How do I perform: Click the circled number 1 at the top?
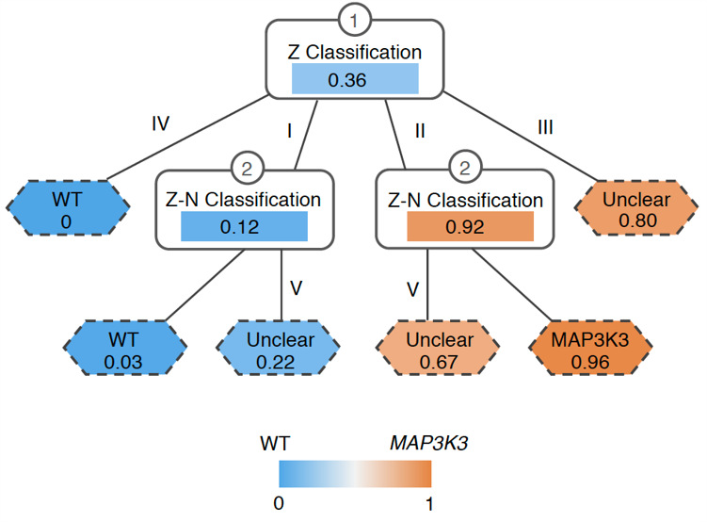point(354,19)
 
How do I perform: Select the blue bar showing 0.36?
point(354,80)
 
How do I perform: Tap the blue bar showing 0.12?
point(245,227)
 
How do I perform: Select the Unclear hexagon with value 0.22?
point(281,348)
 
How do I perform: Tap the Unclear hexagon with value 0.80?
point(636,209)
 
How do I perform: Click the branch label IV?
point(160,124)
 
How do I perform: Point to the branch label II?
point(419,132)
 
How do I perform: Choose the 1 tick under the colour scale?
point(429,504)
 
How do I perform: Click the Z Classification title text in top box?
point(354,53)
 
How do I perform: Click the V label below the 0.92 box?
point(410,287)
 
